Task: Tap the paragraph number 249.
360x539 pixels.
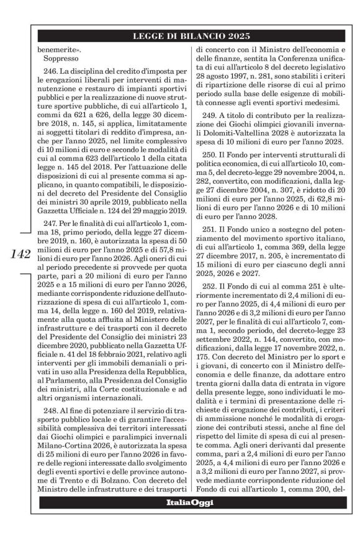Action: [x=213, y=133]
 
